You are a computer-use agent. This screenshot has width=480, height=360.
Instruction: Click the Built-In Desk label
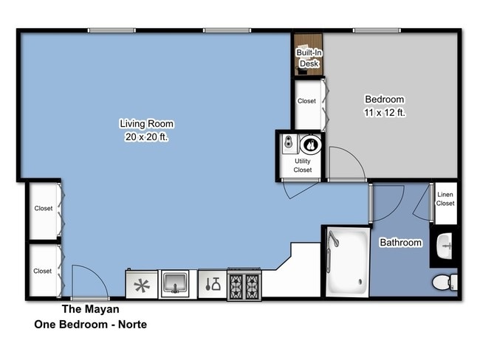pyautogui.click(x=308, y=58)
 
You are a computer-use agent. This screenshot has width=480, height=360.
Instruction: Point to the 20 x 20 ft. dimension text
pyautogui.click(x=147, y=136)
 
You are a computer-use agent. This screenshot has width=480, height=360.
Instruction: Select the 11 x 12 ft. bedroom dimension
pyautogui.click(x=384, y=113)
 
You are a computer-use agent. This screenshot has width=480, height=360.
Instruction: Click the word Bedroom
pyautogui.click(x=384, y=100)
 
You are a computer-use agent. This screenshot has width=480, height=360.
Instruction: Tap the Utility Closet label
pyautogui.click(x=303, y=165)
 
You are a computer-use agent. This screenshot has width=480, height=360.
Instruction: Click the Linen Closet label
pyautogui.click(x=445, y=199)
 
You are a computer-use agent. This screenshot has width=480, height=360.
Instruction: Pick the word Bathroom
pyautogui.click(x=400, y=243)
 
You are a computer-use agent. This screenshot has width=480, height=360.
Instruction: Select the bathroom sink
pyautogui.click(x=444, y=246)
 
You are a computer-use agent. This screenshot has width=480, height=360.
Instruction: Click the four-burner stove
pyautogui.click(x=244, y=283)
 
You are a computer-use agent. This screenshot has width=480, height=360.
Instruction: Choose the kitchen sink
pyautogui.click(x=175, y=283)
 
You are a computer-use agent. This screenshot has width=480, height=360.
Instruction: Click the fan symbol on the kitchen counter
pyautogui.click(x=141, y=284)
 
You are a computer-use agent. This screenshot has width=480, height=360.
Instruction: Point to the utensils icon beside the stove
pyautogui.click(x=212, y=283)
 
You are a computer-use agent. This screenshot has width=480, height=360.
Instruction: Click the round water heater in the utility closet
pyautogui.click(x=312, y=145)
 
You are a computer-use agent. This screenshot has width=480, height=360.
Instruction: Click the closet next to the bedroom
pyautogui.click(x=306, y=102)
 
